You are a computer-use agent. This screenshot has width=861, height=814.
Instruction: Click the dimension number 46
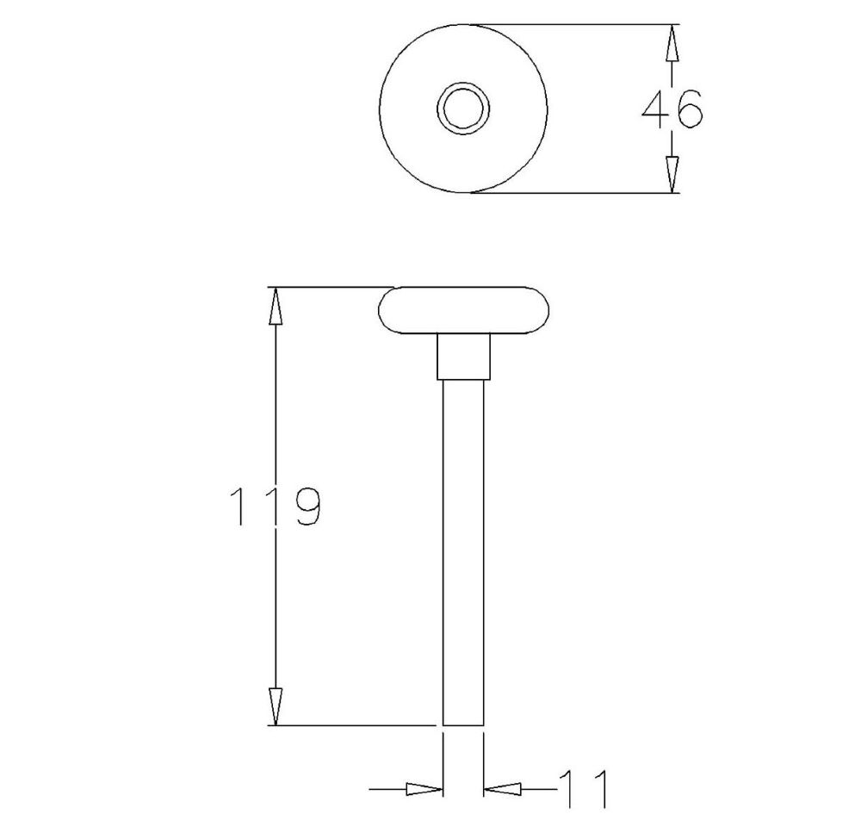pyautogui.click(x=672, y=109)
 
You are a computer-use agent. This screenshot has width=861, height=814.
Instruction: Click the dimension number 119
pyautogui.click(x=276, y=506)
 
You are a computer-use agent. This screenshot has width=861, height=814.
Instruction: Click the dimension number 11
pyautogui.click(x=584, y=789)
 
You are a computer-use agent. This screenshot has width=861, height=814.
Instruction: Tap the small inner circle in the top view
pyautogui.click(x=463, y=108)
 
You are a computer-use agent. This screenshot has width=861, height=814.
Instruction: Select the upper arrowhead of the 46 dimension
pyautogui.click(x=672, y=43)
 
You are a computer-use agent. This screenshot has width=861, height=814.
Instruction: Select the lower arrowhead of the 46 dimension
pyautogui.click(x=672, y=175)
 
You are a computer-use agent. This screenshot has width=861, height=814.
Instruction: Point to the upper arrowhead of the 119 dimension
pyautogui.click(x=276, y=306)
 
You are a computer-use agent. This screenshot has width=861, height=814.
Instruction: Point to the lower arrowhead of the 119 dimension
pyautogui.click(x=276, y=706)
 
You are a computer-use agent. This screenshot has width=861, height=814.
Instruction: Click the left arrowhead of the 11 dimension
pyautogui.click(x=424, y=789)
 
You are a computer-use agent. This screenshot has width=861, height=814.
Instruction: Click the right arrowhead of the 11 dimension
pyautogui.click(x=502, y=789)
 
